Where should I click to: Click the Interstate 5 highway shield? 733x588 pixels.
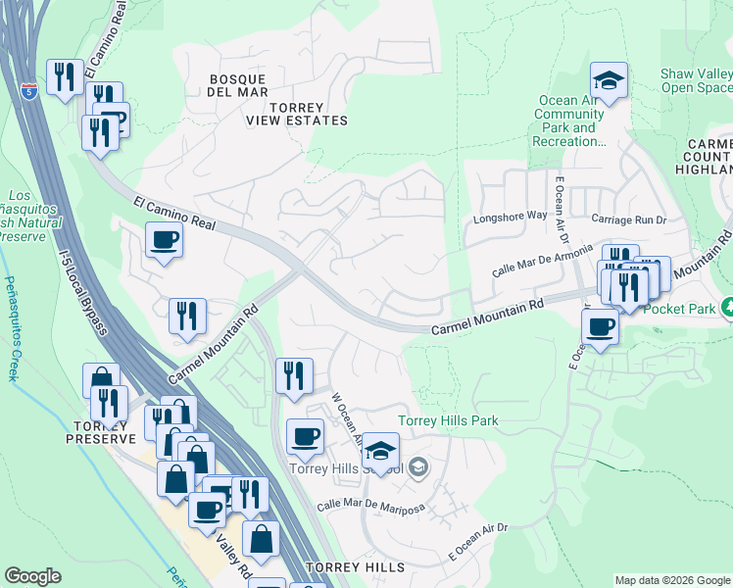coord(31,92)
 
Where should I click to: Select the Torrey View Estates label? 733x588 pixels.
coord(296,113)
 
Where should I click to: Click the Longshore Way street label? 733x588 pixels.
coord(509,217)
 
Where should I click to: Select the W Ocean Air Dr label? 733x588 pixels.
coord(348,418)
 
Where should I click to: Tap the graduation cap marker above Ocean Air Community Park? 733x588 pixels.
coord(609,82)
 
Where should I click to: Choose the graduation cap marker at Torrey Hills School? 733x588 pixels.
coord(380,452)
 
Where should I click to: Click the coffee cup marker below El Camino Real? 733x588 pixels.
coord(165,239)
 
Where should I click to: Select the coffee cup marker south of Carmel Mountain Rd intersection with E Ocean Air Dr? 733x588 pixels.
coord(600,328)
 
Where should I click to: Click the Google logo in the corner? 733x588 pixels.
coord(32,576)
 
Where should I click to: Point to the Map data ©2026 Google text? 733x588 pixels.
coord(671,580)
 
